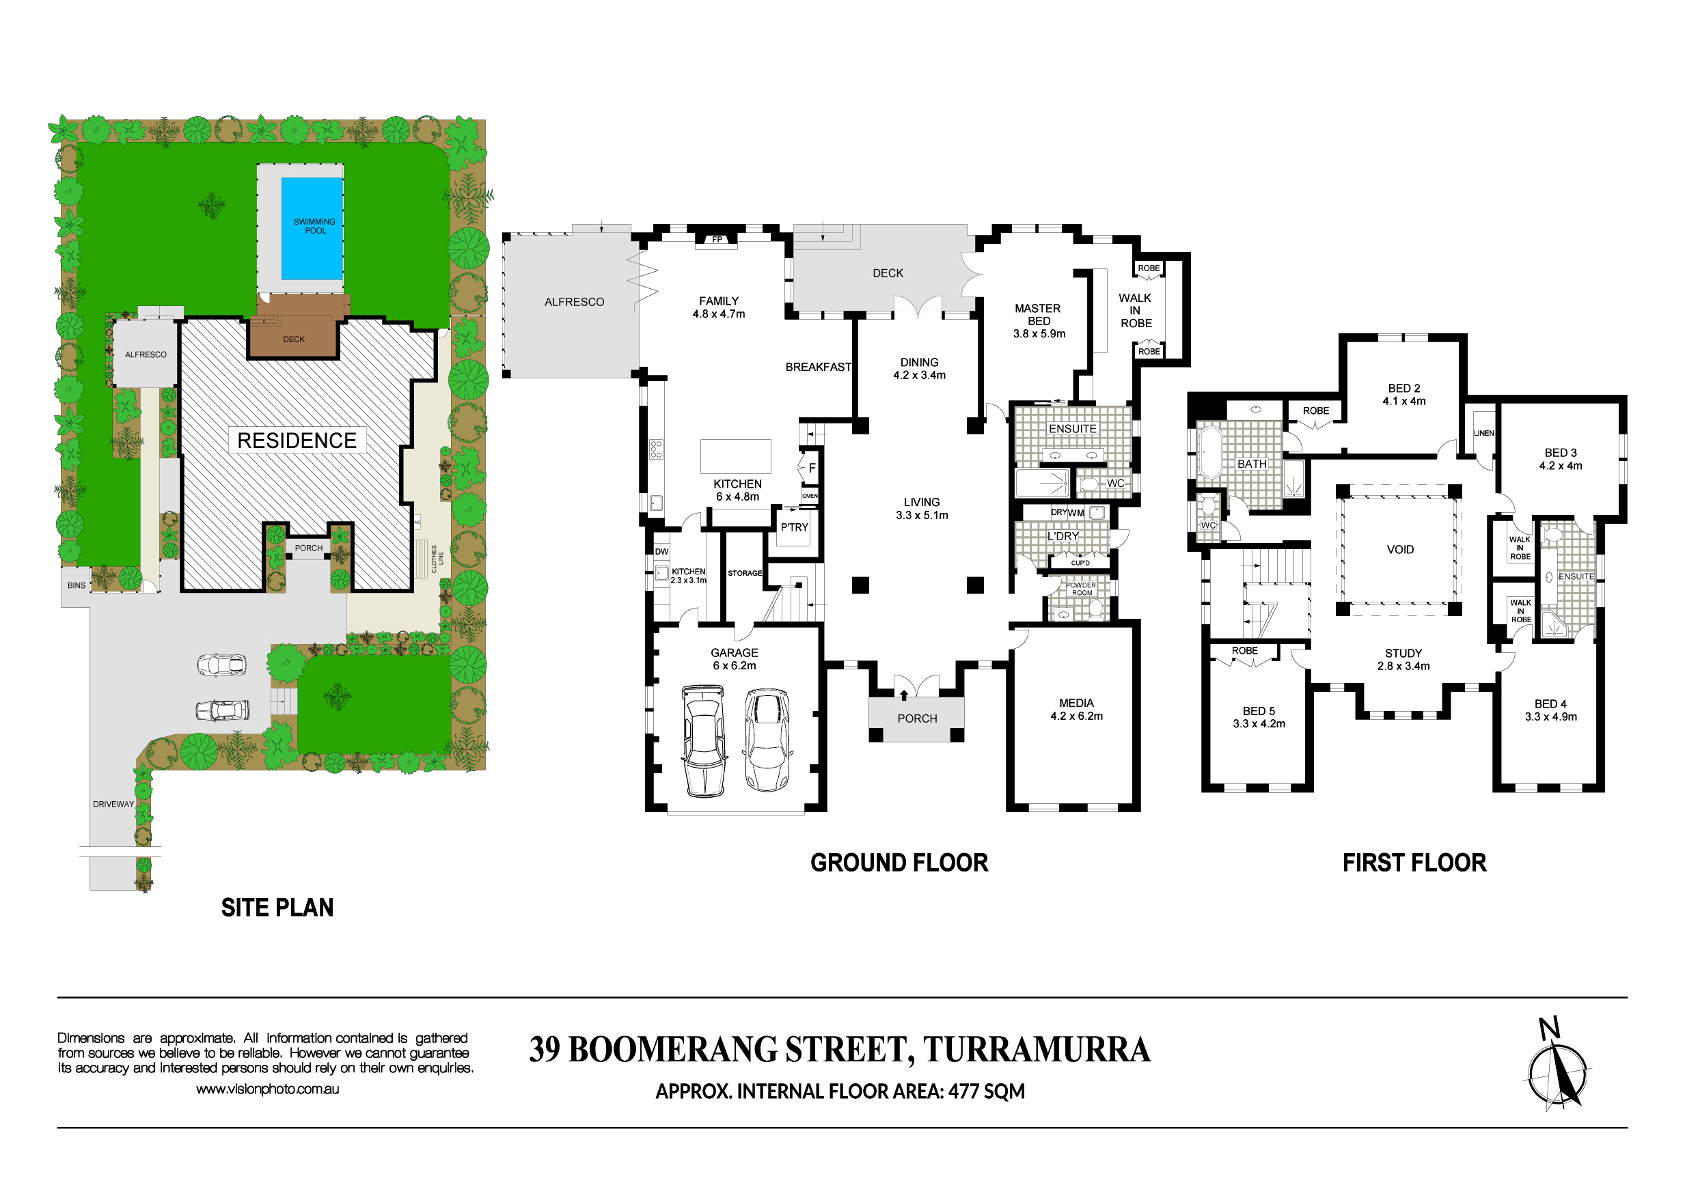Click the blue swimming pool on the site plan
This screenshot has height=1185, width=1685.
click(312, 229)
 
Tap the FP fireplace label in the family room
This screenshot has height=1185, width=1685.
click(717, 240)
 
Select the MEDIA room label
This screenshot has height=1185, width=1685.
click(1076, 703)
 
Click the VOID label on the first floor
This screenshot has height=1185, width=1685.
click(1399, 550)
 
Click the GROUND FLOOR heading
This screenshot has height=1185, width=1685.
click(899, 863)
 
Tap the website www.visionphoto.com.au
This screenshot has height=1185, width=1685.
click(267, 1089)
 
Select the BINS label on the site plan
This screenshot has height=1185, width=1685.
click(77, 585)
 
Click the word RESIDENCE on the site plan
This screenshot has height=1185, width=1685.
click(297, 441)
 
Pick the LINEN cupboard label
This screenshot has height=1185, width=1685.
click(1484, 433)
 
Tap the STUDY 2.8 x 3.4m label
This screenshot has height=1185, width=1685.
click(1403, 660)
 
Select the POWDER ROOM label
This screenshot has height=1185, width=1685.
click(1081, 589)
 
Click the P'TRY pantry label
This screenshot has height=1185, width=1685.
click(794, 527)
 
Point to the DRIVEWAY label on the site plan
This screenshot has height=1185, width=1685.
click(113, 804)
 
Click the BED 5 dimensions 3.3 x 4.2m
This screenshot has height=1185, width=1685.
click(1259, 723)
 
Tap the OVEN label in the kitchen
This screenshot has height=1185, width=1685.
click(810, 497)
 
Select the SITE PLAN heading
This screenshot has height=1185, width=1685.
click(277, 908)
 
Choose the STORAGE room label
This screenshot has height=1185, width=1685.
click(745, 573)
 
